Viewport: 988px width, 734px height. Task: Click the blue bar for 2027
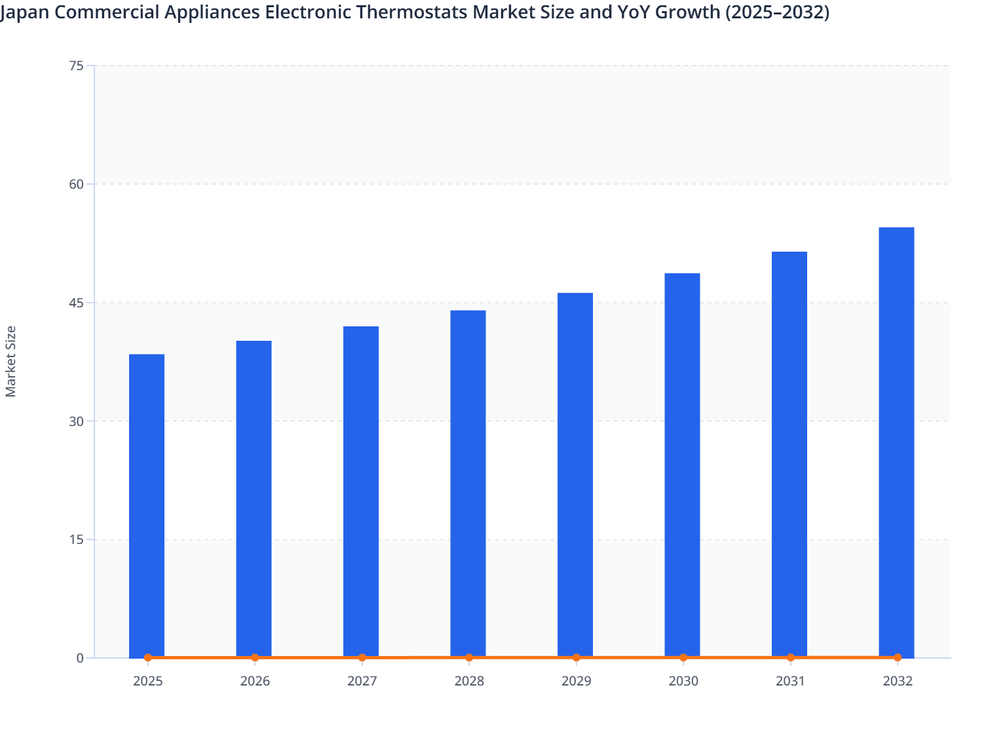[361, 492]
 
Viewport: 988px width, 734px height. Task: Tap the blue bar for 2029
[575, 474]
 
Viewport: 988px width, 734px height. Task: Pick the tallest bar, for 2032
[896, 442]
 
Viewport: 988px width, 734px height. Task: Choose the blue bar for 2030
[682, 465]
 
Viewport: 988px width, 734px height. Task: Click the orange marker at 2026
[255, 657]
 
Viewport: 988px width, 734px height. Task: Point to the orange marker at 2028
[469, 657]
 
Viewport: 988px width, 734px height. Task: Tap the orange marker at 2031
[790, 657]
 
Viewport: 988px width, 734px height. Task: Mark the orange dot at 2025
[148, 657]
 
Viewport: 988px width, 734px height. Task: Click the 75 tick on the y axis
[77, 66]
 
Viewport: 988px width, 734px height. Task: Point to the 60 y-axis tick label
[77, 184]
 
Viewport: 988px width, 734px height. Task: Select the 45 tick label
[77, 303]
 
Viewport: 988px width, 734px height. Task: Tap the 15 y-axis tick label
[77, 540]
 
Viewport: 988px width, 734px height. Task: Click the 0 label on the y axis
[80, 658]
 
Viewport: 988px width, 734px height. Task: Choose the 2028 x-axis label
[469, 682]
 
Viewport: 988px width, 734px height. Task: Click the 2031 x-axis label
[790, 682]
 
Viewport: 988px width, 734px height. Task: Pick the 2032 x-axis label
[897, 682]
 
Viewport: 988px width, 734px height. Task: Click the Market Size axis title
[11, 361]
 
